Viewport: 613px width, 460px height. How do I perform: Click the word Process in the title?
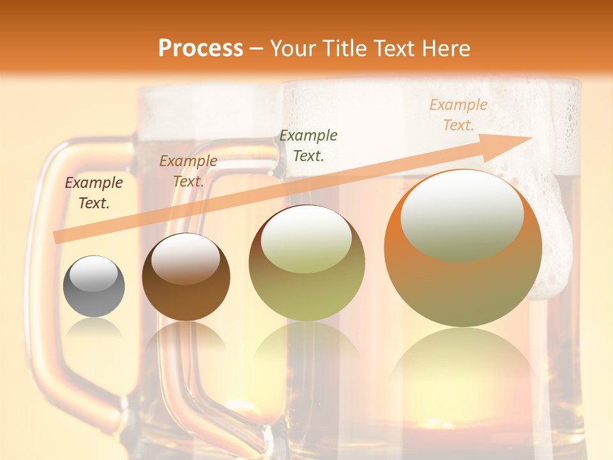201,48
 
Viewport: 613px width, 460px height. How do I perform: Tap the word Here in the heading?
446,48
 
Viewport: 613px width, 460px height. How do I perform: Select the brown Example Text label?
188,171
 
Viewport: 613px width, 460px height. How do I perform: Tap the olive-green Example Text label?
308,145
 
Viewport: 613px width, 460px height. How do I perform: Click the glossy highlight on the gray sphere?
94,274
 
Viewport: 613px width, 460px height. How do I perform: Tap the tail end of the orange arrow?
61,236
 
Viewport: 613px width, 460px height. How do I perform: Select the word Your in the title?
291,48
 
